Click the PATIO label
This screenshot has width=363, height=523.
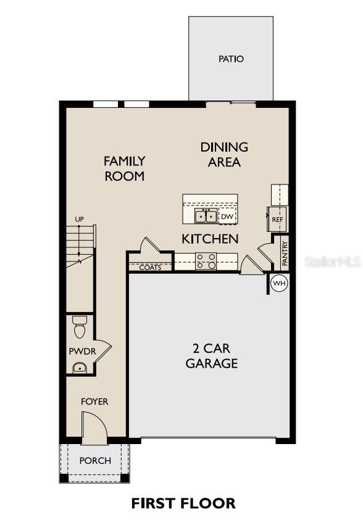click(231, 59)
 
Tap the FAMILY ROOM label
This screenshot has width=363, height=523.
click(124, 168)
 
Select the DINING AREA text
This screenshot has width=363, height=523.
click(224, 155)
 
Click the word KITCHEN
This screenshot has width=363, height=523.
click(210, 238)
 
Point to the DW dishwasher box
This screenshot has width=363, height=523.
click(227, 216)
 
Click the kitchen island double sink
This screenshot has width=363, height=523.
click(206, 216)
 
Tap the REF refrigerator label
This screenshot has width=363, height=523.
click(277, 219)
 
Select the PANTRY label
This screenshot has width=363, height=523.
click(285, 253)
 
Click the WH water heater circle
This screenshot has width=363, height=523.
click(280, 284)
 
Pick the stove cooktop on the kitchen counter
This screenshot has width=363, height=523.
click(206, 261)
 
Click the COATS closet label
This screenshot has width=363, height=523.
click(150, 268)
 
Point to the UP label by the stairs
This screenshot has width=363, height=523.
click(79, 220)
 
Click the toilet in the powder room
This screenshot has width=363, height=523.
click(79, 327)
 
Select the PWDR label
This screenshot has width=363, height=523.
click(80, 351)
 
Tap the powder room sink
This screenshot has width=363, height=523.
click(79, 368)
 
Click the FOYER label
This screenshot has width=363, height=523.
click(94, 402)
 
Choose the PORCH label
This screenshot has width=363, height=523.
click(95, 461)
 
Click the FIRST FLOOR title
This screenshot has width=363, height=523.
click(183, 503)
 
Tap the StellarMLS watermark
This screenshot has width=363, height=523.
click(332, 262)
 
